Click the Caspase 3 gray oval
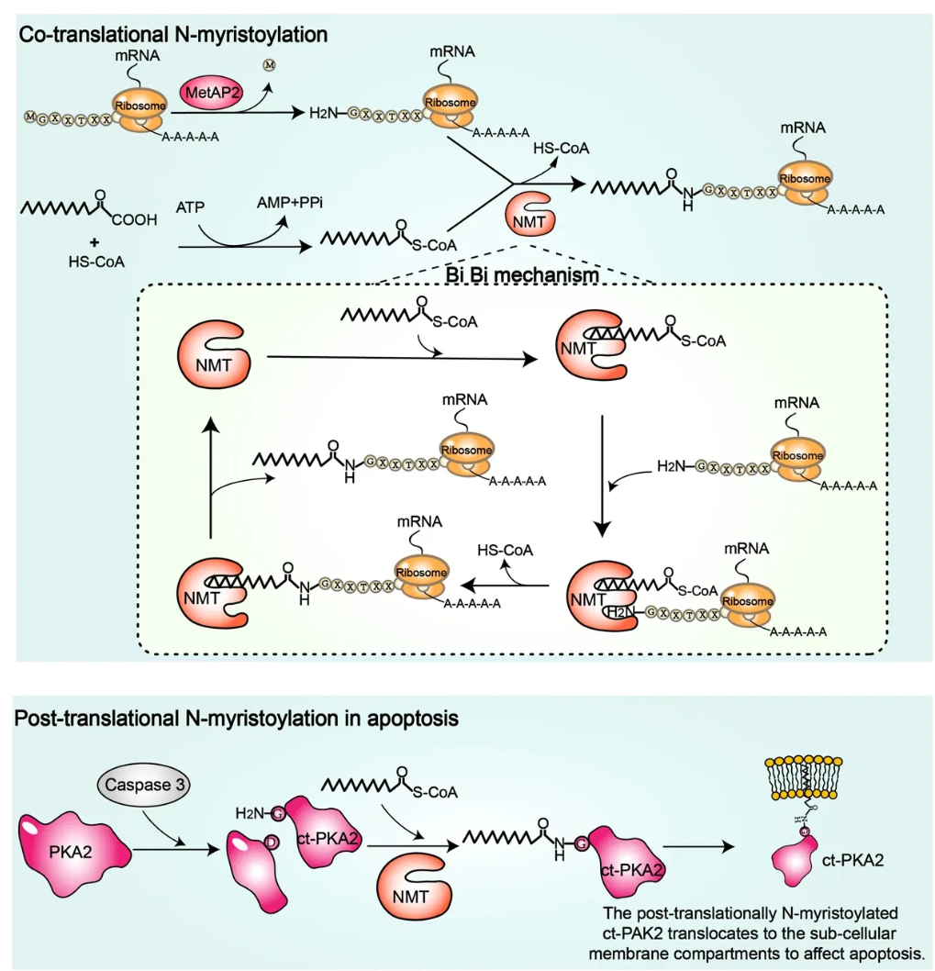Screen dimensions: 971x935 tap(135, 786)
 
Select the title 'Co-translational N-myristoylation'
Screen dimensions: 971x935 tap(174, 36)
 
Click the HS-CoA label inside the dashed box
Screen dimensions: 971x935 tap(506, 550)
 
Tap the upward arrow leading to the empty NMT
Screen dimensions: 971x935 tap(210, 477)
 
